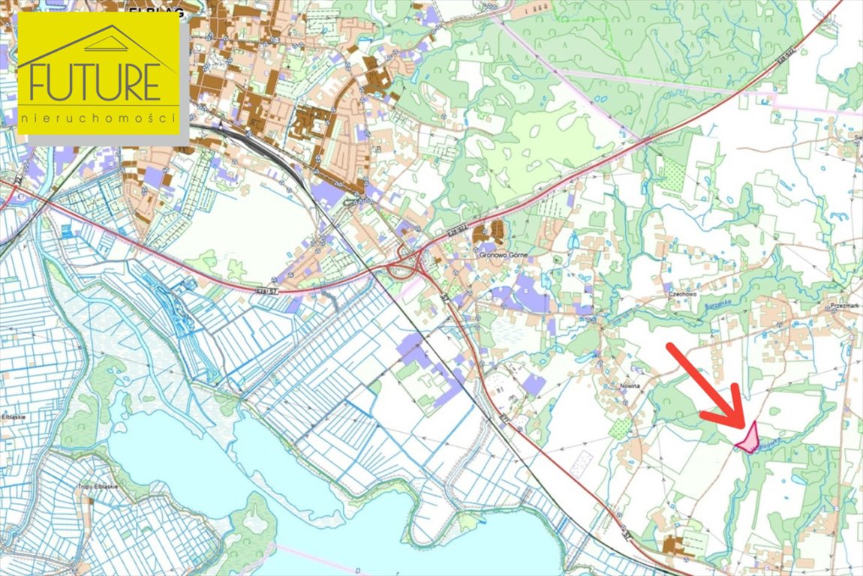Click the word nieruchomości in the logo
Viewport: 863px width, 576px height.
pos(99,118)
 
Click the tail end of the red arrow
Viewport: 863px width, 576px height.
pos(670,347)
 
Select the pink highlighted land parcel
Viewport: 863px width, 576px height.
pos(747,438)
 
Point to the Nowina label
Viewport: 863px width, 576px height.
pos(628,384)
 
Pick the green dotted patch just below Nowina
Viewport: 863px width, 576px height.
pos(621,427)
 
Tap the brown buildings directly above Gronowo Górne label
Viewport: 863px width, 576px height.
pos(492,232)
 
